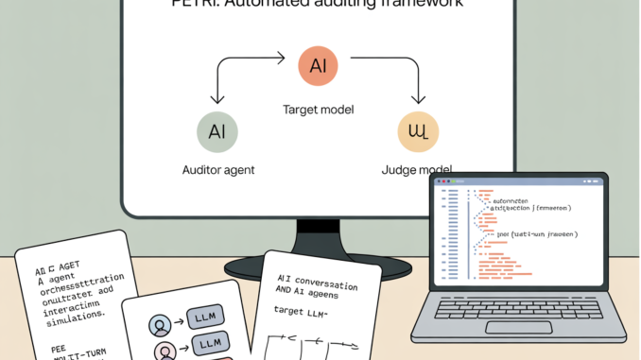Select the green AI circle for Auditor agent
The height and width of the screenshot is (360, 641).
(x=217, y=129)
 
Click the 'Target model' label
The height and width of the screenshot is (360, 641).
(x=318, y=111)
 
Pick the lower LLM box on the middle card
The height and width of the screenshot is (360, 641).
(x=209, y=341)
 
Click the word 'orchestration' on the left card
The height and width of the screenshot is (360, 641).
(x=79, y=280)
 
